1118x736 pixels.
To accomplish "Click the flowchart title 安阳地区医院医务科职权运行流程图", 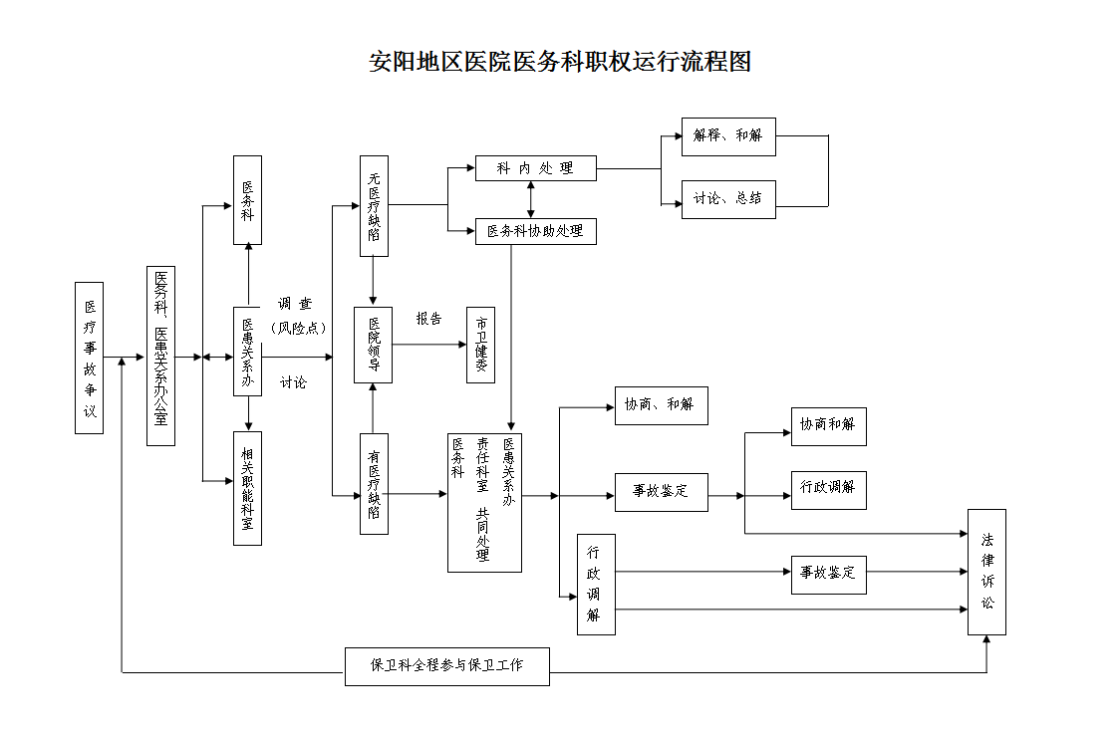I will pyautogui.click(x=559, y=62).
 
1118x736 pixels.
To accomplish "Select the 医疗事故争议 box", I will pyautogui.click(x=90, y=358).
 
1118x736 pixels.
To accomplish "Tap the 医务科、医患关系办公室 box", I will pyautogui.click(x=160, y=356).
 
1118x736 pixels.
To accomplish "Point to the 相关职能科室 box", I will pyautogui.click(x=248, y=488).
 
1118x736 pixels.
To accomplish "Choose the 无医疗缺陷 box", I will pyautogui.click(x=374, y=206).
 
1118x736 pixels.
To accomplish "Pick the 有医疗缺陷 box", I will pyautogui.click(x=374, y=484).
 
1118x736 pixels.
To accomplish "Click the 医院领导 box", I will pyautogui.click(x=374, y=345).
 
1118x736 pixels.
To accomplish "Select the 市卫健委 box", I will pyautogui.click(x=481, y=345).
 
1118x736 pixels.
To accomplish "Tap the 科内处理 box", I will pyautogui.click(x=535, y=168).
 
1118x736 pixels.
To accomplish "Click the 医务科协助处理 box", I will pyautogui.click(x=535, y=231).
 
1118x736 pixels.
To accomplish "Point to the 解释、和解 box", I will pyautogui.click(x=728, y=136).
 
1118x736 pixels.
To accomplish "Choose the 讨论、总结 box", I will pyautogui.click(x=728, y=198).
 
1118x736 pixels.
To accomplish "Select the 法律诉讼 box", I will pyautogui.click(x=986, y=572).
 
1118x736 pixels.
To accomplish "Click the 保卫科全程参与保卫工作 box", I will pyautogui.click(x=446, y=666).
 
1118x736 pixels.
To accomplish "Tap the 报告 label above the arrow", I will pyautogui.click(x=429, y=320).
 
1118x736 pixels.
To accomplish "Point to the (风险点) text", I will pyautogui.click(x=299, y=328).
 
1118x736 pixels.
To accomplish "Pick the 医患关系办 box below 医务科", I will pyautogui.click(x=248, y=352).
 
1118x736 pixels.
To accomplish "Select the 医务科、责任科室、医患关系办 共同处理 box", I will pyautogui.click(x=484, y=502).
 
